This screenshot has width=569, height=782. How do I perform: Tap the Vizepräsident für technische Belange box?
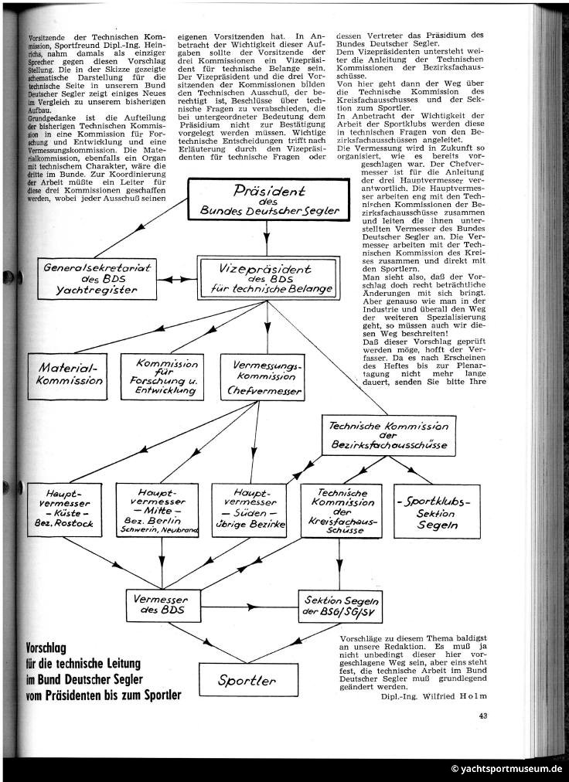coord(267,278)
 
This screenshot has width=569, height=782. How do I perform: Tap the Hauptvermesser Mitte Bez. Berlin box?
coord(159,510)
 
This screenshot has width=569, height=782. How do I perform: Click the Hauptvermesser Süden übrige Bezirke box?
coord(250,510)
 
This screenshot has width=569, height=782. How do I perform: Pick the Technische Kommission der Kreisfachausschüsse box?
coord(340,510)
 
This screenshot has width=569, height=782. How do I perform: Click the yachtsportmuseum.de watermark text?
coord(506,769)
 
